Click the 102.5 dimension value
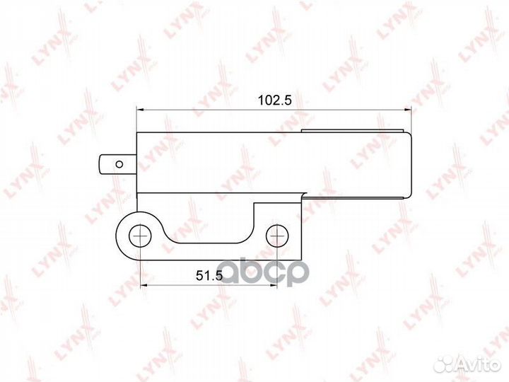point(274,100)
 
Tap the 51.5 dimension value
point(209,276)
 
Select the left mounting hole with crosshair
point(140,236)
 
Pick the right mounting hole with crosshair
point(277,236)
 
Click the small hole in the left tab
point(119,164)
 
